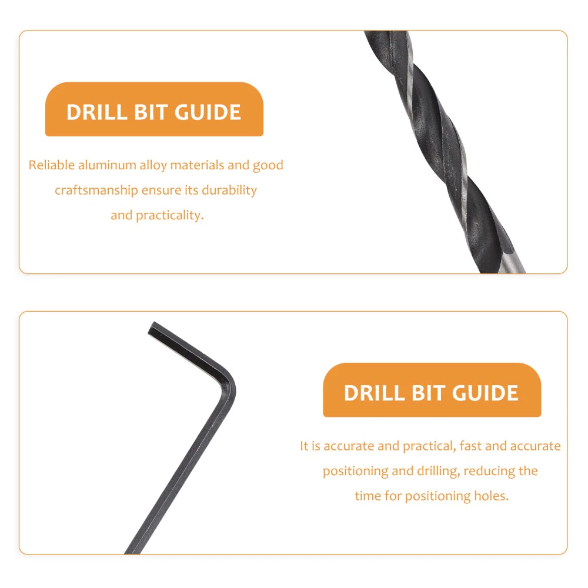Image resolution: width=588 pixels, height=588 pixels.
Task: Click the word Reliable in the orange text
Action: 51,165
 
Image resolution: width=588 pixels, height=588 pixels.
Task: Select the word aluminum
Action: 107,165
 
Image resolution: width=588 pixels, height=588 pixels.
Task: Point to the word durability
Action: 229,191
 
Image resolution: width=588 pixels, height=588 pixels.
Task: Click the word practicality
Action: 169,216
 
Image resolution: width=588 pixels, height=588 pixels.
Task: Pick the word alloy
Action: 153,166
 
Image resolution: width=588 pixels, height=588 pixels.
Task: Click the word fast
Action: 470,446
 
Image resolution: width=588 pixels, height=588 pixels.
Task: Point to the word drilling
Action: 439,472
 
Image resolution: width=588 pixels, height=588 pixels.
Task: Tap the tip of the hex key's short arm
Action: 151,329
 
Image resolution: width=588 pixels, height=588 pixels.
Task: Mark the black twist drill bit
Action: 445,152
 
